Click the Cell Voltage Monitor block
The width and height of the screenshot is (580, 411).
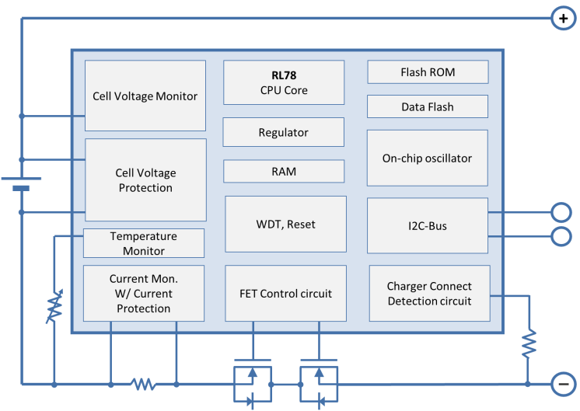coord(145,96)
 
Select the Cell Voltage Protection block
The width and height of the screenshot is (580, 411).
coord(145,180)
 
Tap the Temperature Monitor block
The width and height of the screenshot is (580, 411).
coord(144,243)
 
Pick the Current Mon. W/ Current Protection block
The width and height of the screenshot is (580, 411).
coord(144,294)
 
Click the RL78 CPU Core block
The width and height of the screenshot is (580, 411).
coord(284,83)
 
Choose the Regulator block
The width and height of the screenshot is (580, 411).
coord(283,132)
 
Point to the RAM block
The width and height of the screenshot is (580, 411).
coord(284,171)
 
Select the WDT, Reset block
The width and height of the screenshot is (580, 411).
coord(285,224)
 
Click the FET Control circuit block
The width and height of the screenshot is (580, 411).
coord(285,294)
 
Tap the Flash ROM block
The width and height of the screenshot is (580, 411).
coord(428,72)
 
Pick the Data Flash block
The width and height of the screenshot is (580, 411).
coord(428,106)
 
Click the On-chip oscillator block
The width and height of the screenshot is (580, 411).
coord(427,158)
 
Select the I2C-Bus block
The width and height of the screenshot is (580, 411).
coord(427,226)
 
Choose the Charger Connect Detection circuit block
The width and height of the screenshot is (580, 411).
coord(429,294)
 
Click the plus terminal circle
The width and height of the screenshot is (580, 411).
coord(562,18)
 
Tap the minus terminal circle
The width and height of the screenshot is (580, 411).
coord(562,384)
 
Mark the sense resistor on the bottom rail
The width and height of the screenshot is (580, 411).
coord(143,384)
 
